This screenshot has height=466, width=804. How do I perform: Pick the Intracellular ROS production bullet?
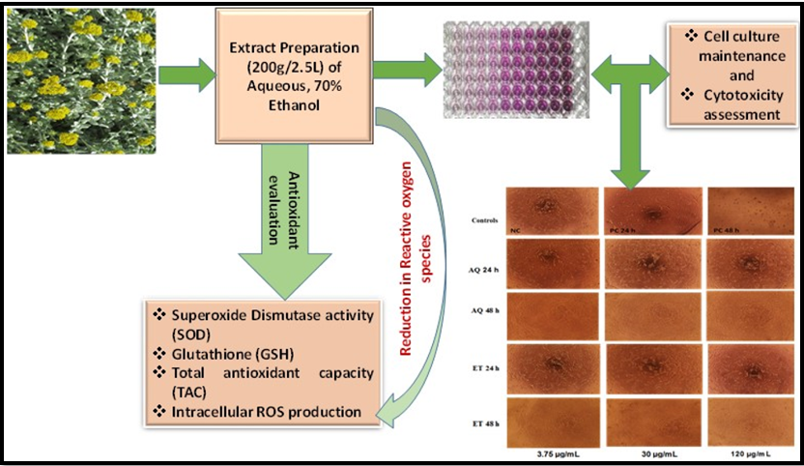pyautogui.click(x=257, y=413)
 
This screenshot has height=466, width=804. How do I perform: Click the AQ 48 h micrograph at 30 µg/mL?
pyautogui.click(x=648, y=315)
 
